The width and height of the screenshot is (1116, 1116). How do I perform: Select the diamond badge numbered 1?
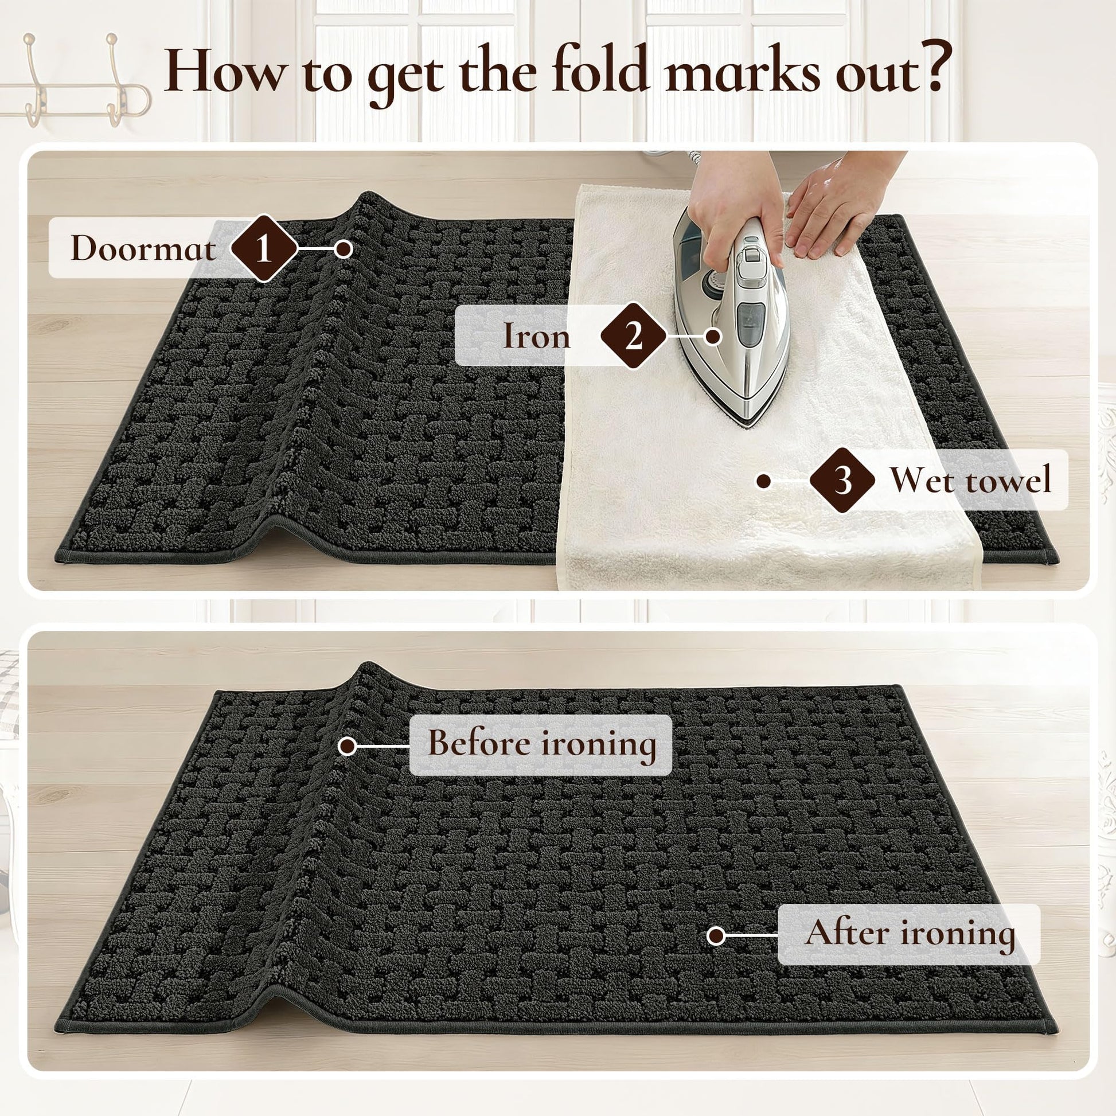click(x=264, y=249)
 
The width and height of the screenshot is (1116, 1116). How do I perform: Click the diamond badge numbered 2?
click(x=634, y=335)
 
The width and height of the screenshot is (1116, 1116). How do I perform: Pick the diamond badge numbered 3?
click(x=843, y=480)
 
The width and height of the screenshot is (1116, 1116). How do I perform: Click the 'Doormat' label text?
click(x=143, y=249)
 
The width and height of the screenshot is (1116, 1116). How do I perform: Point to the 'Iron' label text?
click(x=537, y=335)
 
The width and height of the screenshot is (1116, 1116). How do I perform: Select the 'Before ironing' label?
click(x=541, y=744)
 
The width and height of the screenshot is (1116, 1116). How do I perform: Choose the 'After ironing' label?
click(x=909, y=934)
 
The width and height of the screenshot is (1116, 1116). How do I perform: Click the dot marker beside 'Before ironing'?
click(x=348, y=746)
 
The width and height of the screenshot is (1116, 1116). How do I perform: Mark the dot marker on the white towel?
click(x=764, y=481)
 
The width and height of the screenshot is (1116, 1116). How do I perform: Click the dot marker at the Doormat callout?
click(x=344, y=249)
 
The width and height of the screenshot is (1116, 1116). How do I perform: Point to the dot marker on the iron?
click(x=714, y=335)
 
